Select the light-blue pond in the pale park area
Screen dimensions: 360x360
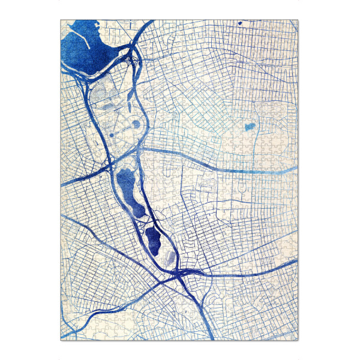(248, 127)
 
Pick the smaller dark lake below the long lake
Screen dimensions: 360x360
(152, 240)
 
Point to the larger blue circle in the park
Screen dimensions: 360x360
(136, 124)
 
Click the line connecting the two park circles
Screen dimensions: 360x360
(124, 129)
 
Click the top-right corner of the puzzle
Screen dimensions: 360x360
(298, 20)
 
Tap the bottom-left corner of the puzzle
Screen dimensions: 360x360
(61, 340)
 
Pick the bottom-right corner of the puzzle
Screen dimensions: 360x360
(298, 340)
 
